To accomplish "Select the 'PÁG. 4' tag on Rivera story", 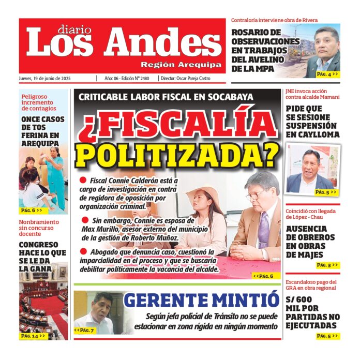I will coord(327,74).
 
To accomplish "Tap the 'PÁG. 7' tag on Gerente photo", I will coord(84,330).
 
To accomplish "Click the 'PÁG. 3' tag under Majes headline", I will coord(327,265).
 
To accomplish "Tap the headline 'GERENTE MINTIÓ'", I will coord(201,300).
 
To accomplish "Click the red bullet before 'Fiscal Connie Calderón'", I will coord(83,180).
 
